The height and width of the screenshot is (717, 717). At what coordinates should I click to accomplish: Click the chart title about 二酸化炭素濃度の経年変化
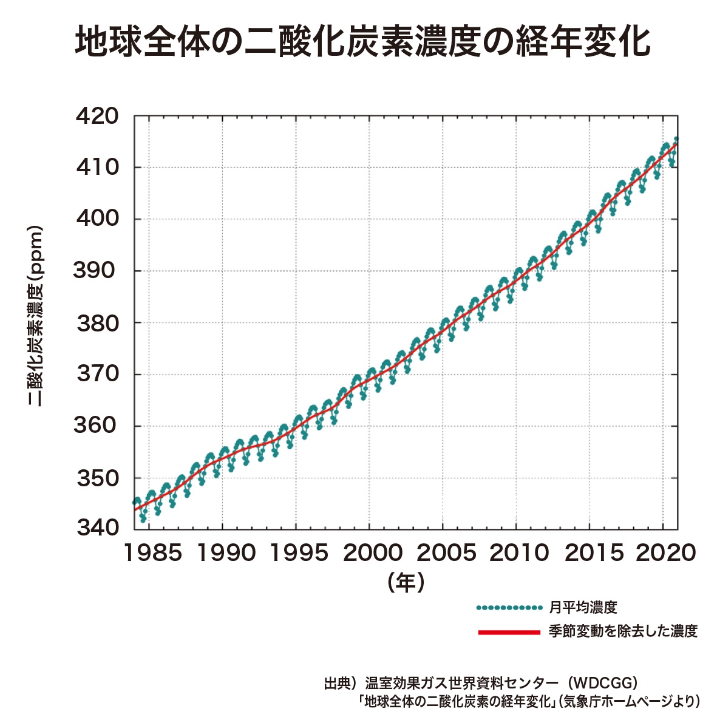(362, 41)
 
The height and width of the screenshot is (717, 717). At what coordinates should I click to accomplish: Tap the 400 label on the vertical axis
(97, 219)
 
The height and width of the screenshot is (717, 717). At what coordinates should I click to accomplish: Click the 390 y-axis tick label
(97, 271)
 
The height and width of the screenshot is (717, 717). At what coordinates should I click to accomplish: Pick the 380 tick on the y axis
(97, 323)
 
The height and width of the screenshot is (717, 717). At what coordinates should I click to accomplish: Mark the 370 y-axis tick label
(97, 374)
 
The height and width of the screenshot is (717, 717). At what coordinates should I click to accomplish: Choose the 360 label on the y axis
(97, 426)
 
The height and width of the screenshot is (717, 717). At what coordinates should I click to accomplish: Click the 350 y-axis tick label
(97, 478)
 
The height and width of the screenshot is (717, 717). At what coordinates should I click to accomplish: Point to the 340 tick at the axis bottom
(97, 528)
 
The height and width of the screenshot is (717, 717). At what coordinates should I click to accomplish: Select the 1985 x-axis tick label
(152, 553)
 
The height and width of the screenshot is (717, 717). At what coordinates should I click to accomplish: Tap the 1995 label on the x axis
(297, 553)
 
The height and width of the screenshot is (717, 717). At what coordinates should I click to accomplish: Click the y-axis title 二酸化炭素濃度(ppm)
(36, 316)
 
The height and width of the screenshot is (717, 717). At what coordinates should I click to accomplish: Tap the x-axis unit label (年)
(406, 582)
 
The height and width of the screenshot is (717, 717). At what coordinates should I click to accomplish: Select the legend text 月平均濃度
(583, 607)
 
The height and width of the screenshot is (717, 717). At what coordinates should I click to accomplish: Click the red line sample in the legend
(509, 632)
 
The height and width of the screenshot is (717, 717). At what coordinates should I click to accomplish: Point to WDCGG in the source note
(599, 683)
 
